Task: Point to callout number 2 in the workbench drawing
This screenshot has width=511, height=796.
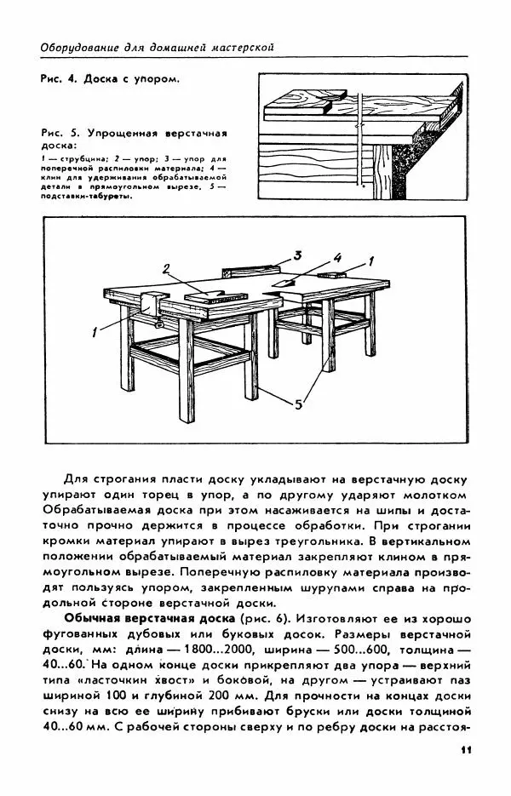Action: [x=168, y=269]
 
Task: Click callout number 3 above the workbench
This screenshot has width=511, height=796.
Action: [x=298, y=255]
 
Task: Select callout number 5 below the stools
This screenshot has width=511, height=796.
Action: [x=298, y=405]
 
